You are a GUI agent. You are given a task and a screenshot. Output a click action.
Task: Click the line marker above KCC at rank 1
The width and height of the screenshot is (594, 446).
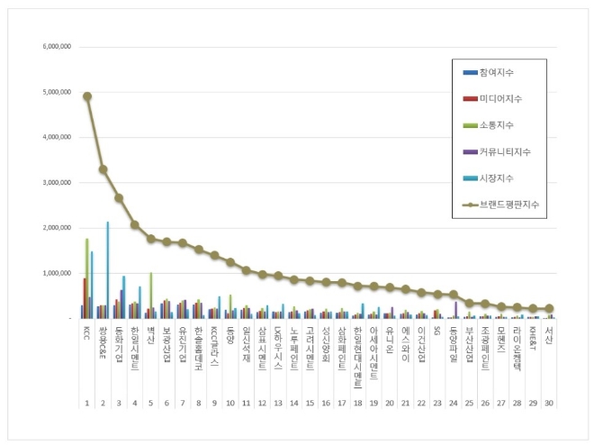coord(87,96)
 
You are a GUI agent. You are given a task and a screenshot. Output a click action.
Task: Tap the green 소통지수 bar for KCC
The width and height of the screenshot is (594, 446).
coord(87,279)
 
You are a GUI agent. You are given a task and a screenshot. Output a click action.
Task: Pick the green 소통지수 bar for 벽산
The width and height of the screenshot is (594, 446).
coord(150,296)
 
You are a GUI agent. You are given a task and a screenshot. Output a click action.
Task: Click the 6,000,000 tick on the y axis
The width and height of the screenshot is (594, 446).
coord(57,47)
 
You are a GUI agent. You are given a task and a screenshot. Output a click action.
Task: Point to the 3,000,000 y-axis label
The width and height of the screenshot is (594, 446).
coord(57,183)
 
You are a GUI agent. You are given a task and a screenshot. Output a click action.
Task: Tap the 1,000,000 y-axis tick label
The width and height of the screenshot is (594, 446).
coord(57,273)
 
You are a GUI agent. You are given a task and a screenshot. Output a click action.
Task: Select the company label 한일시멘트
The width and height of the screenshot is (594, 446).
coord(134,343)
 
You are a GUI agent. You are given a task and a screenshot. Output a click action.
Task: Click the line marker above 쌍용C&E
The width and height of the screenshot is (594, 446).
coord(103,169)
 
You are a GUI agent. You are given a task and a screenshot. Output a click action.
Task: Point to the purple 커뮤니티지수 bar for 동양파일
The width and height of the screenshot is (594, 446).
coord(455,310)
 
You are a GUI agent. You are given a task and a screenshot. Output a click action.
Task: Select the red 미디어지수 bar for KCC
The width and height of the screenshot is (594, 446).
coord(85,298)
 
